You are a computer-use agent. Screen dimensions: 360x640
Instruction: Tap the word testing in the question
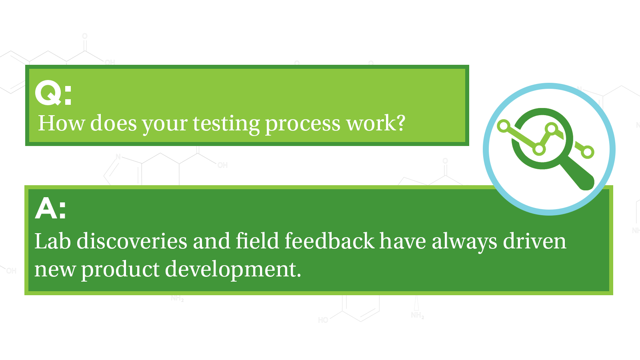[226, 123]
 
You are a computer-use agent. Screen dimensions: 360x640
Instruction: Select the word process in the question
[303, 124]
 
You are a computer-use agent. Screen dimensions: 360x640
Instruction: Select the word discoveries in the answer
[132, 241]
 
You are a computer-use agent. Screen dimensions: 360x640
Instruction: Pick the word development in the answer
[232, 269]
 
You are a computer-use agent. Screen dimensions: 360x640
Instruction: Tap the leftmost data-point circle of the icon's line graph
[504, 126]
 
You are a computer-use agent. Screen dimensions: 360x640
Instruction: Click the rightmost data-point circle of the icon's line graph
[588, 152]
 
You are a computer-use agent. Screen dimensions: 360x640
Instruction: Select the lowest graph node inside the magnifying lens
[539, 150]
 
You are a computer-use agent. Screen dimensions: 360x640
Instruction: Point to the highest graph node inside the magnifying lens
[552, 129]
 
